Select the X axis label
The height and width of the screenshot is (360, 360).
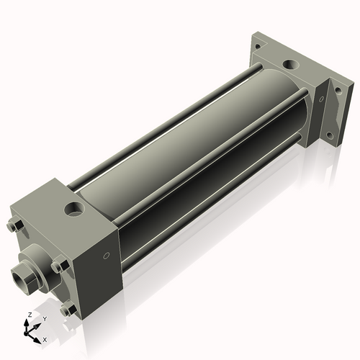(45, 338)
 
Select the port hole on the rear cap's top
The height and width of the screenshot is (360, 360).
(289, 65)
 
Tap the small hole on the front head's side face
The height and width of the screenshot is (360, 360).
(107, 254)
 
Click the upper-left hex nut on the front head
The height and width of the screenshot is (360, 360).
(12, 227)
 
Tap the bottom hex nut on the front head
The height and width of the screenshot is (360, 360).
(68, 310)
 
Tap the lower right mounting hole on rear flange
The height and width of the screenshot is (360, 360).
(330, 135)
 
